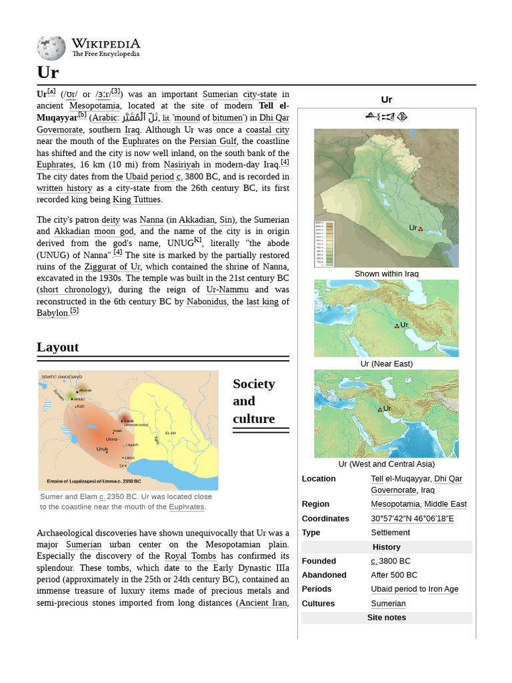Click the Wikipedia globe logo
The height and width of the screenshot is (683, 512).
pos(51,47)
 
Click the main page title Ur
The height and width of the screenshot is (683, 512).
pos(48,72)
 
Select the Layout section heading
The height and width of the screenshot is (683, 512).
pos(57,347)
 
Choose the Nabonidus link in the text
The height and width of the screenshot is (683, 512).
pos(207,301)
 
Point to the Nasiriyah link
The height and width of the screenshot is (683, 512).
pos(181,165)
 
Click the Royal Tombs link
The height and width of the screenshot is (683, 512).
pos(190,556)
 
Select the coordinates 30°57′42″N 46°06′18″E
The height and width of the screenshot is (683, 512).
pos(412,518)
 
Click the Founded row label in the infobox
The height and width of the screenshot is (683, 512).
pos(319,561)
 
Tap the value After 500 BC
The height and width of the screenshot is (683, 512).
pos(394,575)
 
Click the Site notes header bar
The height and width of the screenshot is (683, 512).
pos(386,618)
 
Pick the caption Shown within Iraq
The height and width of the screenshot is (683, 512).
pos(387,273)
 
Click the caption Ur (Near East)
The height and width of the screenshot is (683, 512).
pos(387,364)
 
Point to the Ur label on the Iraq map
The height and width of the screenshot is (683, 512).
pos(413,228)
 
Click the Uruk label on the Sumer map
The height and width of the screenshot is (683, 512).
pos(102,449)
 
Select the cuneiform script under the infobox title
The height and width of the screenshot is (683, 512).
pos(386,117)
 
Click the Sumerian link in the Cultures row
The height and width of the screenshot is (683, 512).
pos(388,604)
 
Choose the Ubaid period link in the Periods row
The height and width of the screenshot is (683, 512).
pos(393,589)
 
